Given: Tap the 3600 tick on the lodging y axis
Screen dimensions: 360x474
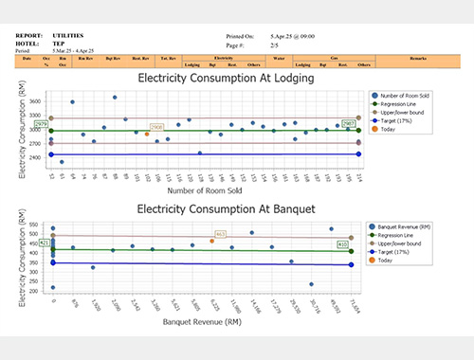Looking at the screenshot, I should coord(35,99).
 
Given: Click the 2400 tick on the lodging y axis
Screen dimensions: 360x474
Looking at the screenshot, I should coord(35,157).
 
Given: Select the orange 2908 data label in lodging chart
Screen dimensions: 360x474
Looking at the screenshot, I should coord(156,126).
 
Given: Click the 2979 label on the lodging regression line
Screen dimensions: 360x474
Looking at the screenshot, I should coord(41,124).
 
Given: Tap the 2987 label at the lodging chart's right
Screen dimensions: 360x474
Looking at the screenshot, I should coord(348,124).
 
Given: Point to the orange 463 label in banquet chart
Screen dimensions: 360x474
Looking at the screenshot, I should coord(221,234).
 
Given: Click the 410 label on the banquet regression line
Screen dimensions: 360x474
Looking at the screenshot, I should coord(342,244).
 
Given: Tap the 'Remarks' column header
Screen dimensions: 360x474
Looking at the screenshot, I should coord(420,59).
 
